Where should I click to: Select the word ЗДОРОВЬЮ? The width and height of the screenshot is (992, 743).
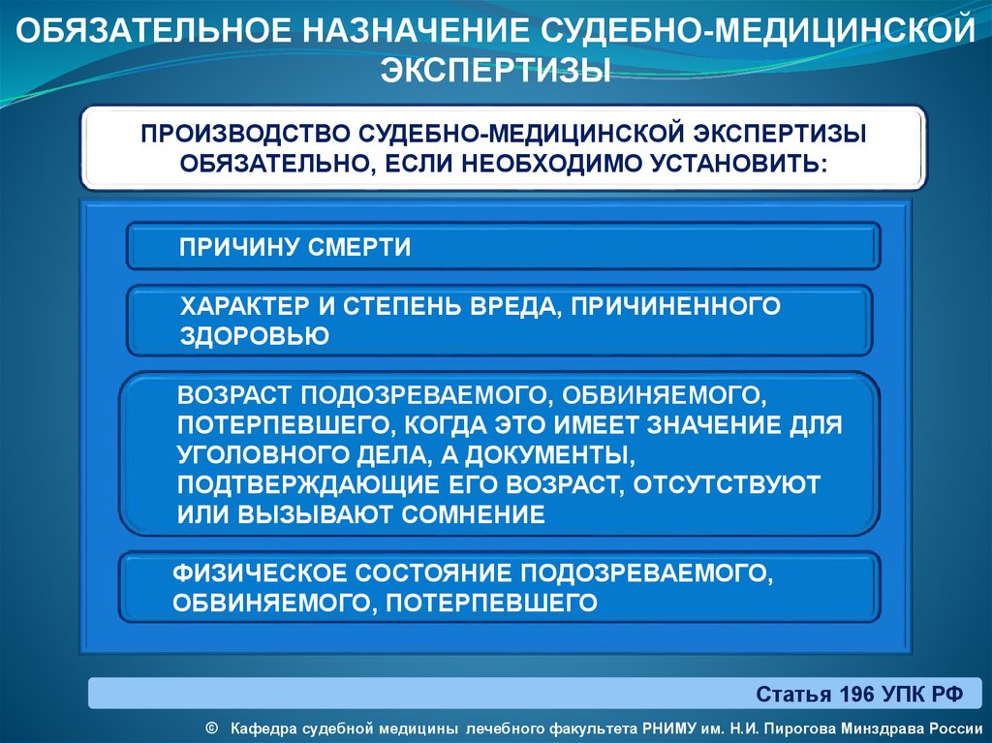click(x=255, y=335)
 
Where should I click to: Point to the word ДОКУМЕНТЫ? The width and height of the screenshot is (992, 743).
click(x=550, y=455)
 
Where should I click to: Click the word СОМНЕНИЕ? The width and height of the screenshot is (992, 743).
click(x=473, y=513)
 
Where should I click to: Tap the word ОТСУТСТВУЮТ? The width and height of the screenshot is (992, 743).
click(x=727, y=484)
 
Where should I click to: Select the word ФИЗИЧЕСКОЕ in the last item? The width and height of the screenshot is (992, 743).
click(x=260, y=573)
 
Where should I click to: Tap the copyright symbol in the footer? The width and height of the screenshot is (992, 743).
click(x=212, y=728)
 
